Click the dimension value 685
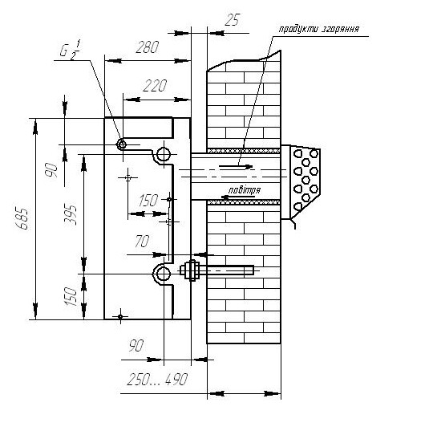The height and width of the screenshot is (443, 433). (22, 219)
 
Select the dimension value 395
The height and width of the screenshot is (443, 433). (71, 214)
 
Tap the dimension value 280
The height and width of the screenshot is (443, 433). (147, 47)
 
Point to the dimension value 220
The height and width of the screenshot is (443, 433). (155, 86)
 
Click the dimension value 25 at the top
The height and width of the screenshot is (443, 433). (232, 20)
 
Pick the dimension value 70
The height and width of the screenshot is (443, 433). (142, 242)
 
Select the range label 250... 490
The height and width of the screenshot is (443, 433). (157, 379)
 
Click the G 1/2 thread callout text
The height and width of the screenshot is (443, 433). (70, 50)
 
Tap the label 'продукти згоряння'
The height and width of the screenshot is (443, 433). (319, 29)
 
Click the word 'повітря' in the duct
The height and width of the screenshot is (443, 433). (245, 190)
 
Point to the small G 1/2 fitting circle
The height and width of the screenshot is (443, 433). (122, 145)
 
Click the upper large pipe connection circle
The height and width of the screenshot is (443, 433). (164, 154)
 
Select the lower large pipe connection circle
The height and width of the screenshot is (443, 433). (164, 274)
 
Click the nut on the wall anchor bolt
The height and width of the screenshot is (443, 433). (192, 270)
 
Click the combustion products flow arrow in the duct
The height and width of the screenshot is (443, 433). (236, 167)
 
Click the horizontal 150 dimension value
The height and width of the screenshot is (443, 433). (148, 201)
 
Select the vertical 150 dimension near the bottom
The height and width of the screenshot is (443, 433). (71, 297)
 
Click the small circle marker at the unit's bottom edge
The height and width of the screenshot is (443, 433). (120, 317)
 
